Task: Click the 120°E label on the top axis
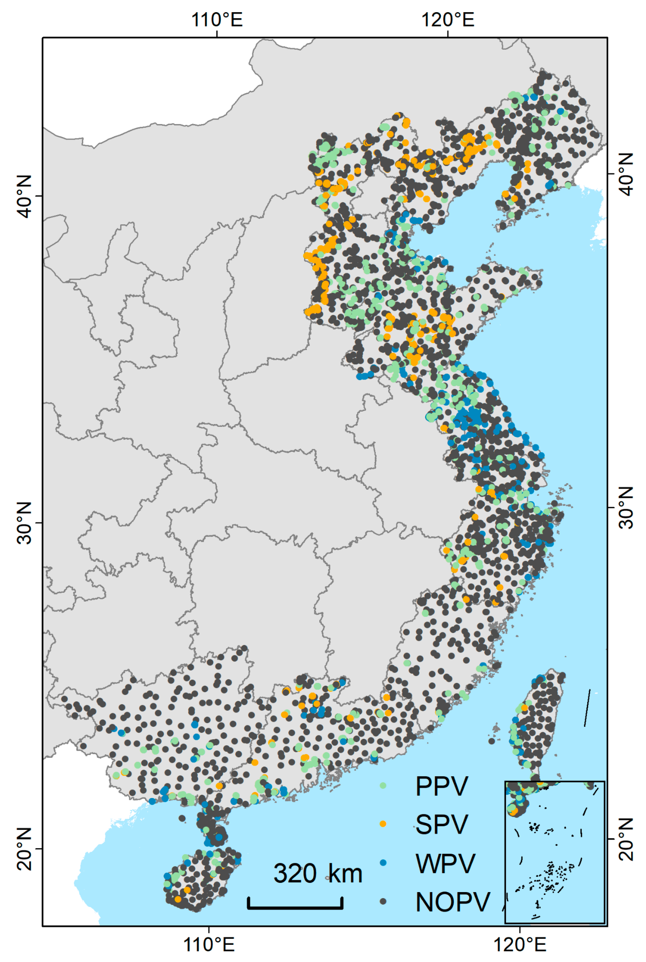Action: pos(447,19)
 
